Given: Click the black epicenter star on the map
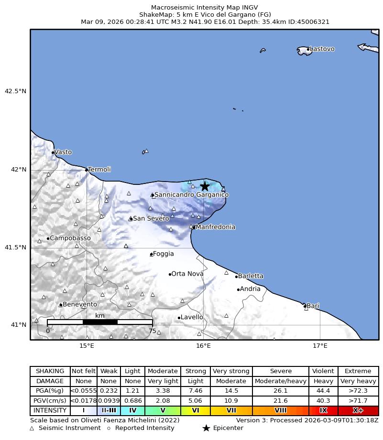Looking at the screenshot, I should (x=205, y=186).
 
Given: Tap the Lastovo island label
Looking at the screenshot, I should (x=322, y=49).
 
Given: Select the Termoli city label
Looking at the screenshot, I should (x=99, y=170).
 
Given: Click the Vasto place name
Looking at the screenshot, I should (x=63, y=152).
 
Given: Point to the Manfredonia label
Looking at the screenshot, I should (x=215, y=227).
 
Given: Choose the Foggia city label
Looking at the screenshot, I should (x=163, y=254).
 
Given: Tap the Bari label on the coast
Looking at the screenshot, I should (x=313, y=306).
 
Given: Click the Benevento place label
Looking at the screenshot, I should (x=80, y=304).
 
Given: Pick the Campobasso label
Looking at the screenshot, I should (x=70, y=238).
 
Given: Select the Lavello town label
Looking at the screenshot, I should (x=192, y=317).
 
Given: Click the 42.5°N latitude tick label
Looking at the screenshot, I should (x=16, y=91).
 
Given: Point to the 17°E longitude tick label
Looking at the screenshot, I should (x=320, y=346).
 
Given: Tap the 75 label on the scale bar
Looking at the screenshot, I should (x=152, y=331).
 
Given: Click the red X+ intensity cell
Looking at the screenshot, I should (x=358, y=410).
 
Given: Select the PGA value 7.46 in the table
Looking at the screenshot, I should (x=196, y=391).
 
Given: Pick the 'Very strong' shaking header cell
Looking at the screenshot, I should (x=231, y=371).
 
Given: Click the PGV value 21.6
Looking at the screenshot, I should (x=280, y=400).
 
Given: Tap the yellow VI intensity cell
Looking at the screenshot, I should (x=196, y=410).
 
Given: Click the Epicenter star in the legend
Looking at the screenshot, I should (x=206, y=428).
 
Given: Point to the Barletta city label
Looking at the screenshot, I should (x=251, y=276).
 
